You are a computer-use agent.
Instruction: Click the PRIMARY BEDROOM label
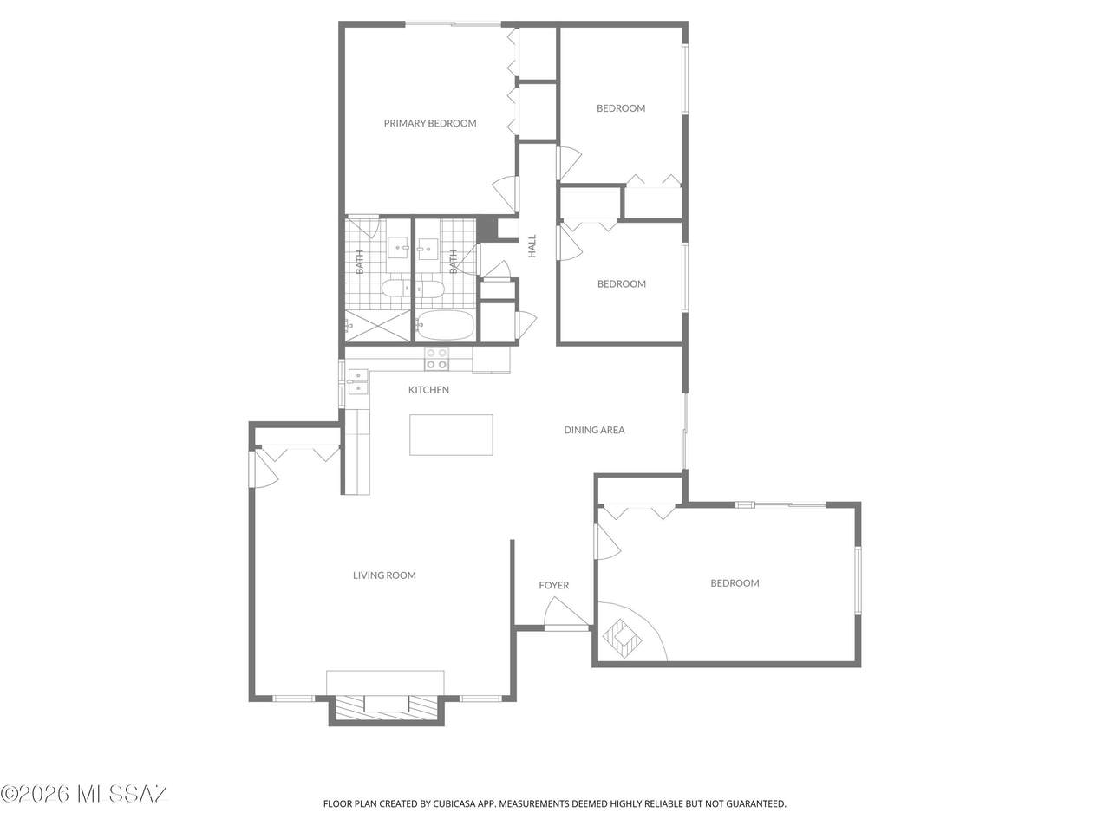click(430, 123)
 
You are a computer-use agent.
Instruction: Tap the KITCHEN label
click(428, 389)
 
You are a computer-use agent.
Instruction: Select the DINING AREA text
click(594, 430)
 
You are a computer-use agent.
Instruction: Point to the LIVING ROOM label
click(384, 575)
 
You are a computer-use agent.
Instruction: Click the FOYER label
click(554, 585)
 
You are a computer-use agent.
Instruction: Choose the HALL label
click(532, 246)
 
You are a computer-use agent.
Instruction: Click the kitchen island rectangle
click(451, 435)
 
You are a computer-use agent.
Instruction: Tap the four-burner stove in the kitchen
click(436, 359)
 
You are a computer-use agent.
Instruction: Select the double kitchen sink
click(358, 382)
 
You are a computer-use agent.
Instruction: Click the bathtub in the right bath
click(445, 325)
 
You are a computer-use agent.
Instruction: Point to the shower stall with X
click(378, 325)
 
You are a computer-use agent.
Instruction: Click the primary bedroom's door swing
click(506, 194)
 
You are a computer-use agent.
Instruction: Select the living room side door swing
click(264, 469)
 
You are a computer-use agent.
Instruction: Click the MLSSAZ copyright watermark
click(84, 809)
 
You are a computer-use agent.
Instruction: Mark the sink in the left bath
click(400, 247)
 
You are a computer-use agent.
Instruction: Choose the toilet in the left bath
click(396, 289)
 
